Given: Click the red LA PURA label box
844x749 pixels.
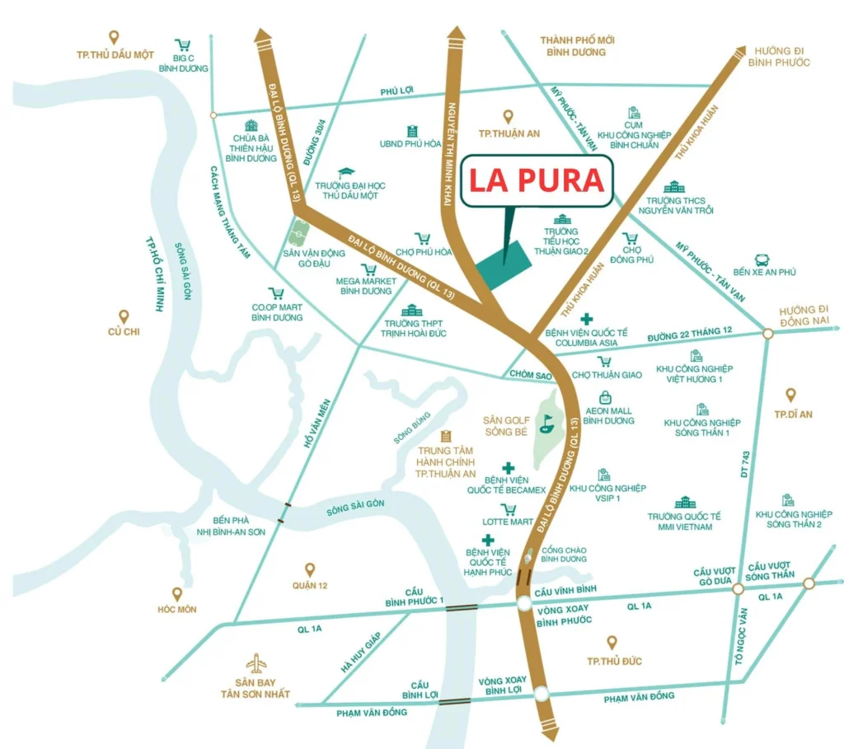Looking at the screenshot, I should (x=537, y=181).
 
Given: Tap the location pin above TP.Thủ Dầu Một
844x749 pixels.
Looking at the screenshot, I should (x=114, y=37).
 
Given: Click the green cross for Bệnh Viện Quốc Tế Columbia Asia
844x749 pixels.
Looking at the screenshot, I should (x=586, y=319).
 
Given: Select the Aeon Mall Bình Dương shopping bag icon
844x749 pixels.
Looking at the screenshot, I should (x=606, y=397).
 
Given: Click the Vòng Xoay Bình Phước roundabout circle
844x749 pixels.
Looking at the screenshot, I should (x=526, y=605).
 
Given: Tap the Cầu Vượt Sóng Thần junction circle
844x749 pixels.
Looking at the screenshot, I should (x=809, y=583).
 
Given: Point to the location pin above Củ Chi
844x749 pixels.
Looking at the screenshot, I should (x=124, y=316).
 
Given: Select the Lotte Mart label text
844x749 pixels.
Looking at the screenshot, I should (x=510, y=522).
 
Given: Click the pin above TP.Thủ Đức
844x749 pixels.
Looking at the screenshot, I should (x=612, y=642).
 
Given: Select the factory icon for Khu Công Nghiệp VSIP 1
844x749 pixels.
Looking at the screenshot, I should (x=605, y=475).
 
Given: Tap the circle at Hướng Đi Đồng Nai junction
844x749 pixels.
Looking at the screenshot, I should (x=767, y=334).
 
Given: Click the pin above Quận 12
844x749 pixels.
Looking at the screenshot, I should (x=310, y=569).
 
